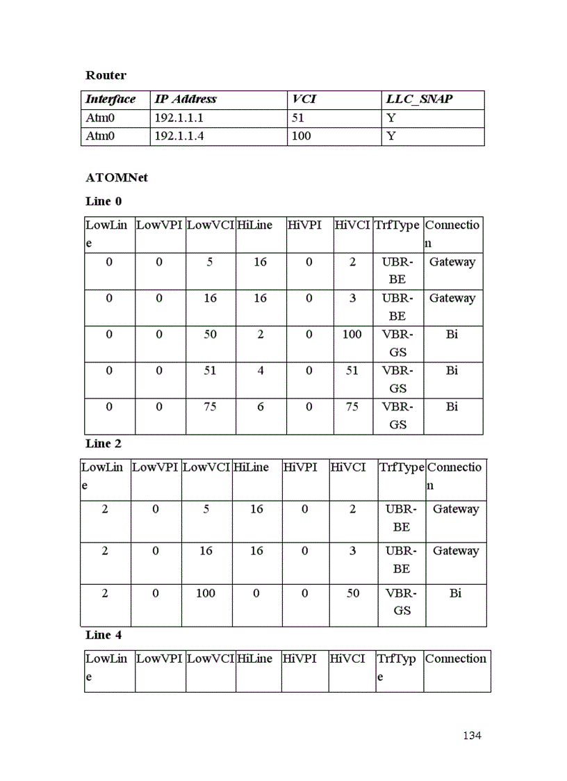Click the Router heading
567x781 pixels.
(106, 75)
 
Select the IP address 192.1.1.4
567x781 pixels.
(179, 136)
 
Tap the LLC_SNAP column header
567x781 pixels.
(419, 99)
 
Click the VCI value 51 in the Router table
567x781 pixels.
(298, 118)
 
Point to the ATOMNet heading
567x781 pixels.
(117, 177)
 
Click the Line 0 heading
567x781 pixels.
(104, 202)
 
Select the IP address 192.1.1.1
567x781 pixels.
(179, 118)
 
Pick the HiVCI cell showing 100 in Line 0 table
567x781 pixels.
(352, 335)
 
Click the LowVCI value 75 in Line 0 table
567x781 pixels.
(210, 407)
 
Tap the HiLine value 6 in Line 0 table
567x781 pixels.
(261, 407)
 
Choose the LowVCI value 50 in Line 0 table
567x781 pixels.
(210, 335)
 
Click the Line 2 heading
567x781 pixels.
(104, 444)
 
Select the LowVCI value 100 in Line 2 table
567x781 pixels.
(206, 593)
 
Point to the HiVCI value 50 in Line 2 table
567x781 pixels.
(353, 593)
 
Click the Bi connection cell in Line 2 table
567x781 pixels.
(456, 593)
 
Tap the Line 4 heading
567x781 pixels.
(104, 635)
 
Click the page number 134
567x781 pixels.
(472, 736)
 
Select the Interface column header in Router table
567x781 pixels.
(110, 99)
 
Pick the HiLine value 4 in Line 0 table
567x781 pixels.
(261, 371)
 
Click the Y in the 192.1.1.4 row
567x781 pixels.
(391, 136)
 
